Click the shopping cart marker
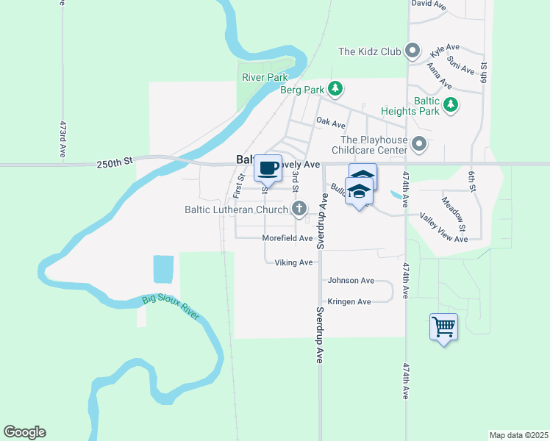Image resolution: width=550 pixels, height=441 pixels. click(x=444, y=326)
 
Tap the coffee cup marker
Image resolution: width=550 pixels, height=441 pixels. click(x=268, y=168)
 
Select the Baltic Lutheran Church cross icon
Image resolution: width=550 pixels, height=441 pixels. click(x=299, y=209)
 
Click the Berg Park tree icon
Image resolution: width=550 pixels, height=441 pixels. click(x=335, y=90)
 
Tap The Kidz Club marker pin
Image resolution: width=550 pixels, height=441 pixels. click(x=413, y=51)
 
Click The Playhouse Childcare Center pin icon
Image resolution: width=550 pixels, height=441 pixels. click(x=419, y=144)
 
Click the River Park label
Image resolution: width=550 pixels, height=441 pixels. click(x=265, y=76)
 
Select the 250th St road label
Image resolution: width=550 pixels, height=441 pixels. click(x=113, y=162)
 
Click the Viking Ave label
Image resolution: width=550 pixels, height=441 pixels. click(x=293, y=262)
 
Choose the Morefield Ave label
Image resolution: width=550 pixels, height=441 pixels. click(x=287, y=238)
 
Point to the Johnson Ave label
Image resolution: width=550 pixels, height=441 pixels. click(x=351, y=280)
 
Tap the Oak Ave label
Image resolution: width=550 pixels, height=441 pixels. click(x=330, y=121)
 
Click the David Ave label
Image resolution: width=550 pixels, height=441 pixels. click(x=429, y=4)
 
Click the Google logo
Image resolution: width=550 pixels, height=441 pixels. click(x=24, y=432)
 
